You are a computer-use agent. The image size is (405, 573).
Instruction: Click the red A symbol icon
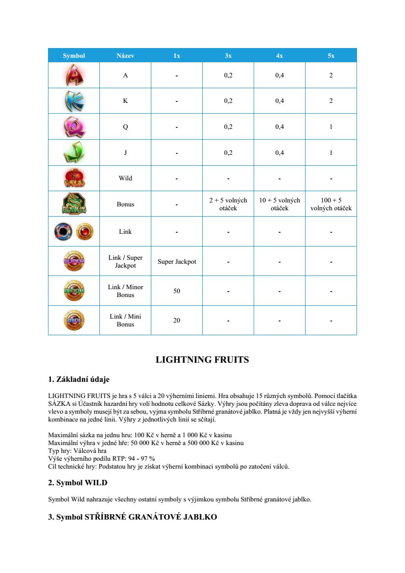click(x=74, y=75)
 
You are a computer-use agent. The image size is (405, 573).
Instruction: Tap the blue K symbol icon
click(x=74, y=101)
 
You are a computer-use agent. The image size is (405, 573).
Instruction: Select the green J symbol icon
click(x=74, y=152)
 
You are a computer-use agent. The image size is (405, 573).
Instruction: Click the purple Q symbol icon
click(x=74, y=127)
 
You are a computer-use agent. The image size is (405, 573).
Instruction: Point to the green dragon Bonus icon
click(x=74, y=204)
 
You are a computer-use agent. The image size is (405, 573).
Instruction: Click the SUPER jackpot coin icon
click(x=74, y=261)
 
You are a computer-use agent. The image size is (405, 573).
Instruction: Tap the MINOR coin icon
click(x=74, y=291)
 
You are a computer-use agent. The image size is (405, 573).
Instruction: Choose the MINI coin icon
click(x=74, y=320)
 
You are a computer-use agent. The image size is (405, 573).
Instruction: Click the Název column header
click(x=125, y=56)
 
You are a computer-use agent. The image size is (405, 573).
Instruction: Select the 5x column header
click(x=331, y=56)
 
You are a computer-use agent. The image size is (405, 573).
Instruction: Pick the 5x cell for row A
click(x=331, y=75)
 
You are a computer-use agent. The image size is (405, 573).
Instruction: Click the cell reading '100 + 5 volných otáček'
click(x=331, y=204)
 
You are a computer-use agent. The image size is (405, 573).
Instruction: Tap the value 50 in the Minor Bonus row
click(x=177, y=291)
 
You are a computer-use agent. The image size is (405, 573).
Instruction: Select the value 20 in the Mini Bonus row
click(x=177, y=320)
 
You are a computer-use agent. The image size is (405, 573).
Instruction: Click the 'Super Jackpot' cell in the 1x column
click(x=177, y=261)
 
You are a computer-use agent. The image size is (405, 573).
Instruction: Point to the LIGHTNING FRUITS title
click(x=202, y=360)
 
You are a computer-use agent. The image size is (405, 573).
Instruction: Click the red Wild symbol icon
click(x=74, y=178)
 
